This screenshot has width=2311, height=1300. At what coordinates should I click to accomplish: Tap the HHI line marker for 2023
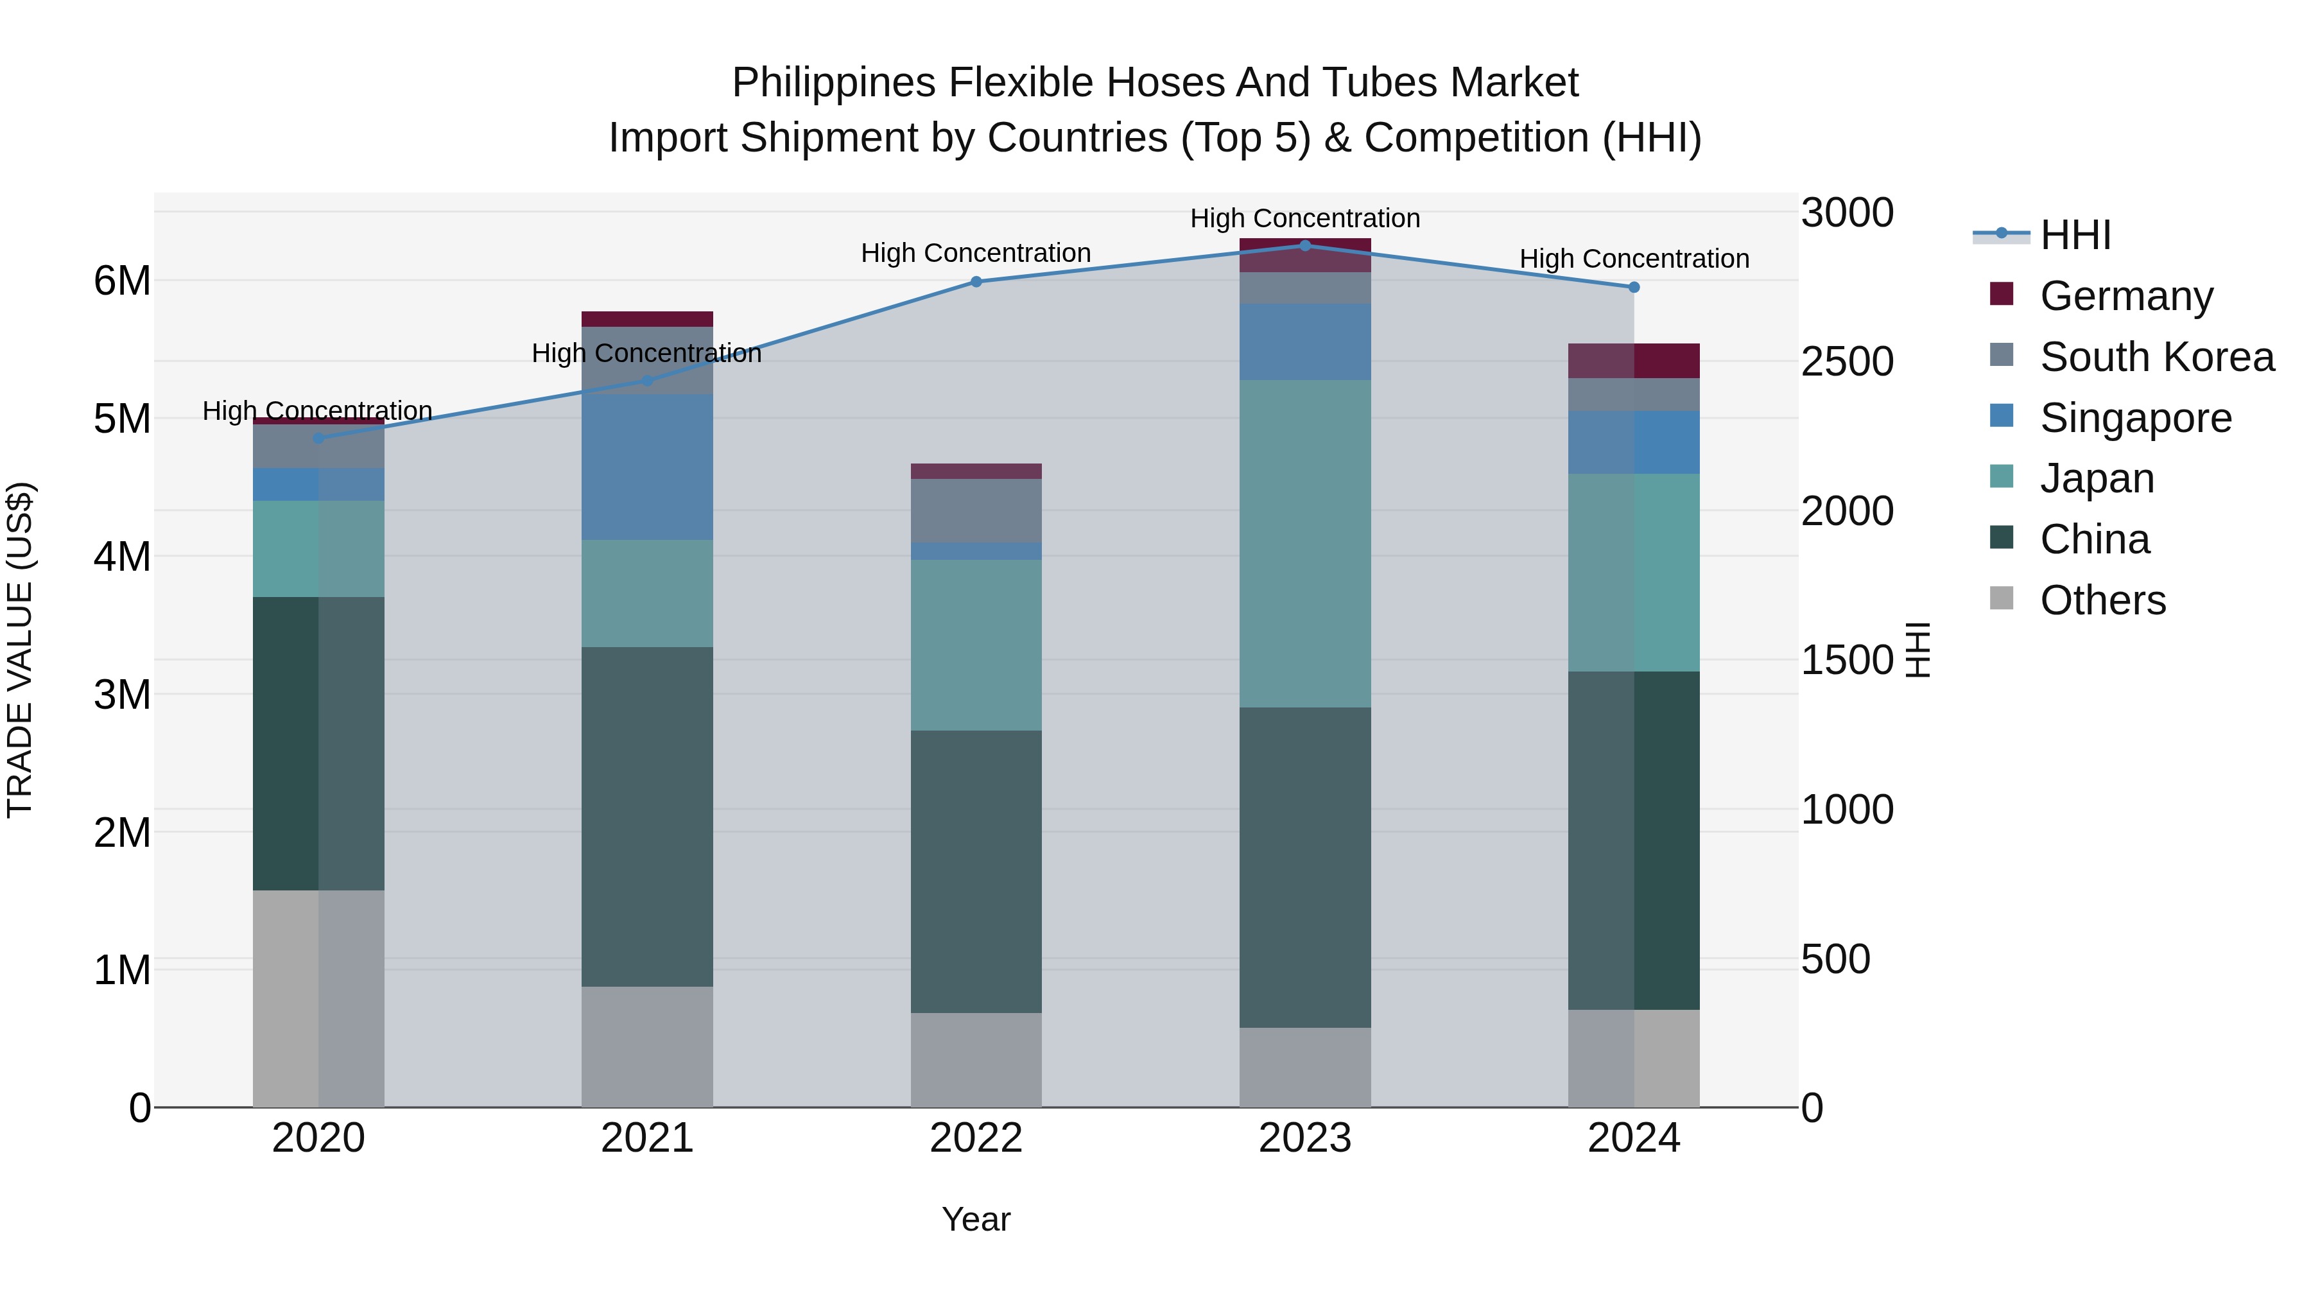click(x=1304, y=246)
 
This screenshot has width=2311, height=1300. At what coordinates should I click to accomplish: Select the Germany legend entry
click(x=2125, y=296)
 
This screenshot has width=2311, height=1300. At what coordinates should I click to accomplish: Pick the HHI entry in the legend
click(x=2074, y=235)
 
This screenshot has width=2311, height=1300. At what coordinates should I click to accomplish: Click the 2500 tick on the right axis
click(x=1846, y=363)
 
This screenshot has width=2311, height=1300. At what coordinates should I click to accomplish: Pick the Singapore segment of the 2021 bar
click(x=647, y=467)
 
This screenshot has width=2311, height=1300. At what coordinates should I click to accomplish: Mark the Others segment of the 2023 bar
click(x=1304, y=1067)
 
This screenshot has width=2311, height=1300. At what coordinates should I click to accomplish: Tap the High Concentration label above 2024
click(x=1634, y=259)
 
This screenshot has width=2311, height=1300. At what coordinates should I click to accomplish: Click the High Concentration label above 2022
click(x=975, y=254)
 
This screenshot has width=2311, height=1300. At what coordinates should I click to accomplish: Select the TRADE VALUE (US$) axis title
click(x=21, y=650)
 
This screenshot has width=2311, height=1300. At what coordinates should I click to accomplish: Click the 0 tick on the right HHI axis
click(x=1812, y=1109)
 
